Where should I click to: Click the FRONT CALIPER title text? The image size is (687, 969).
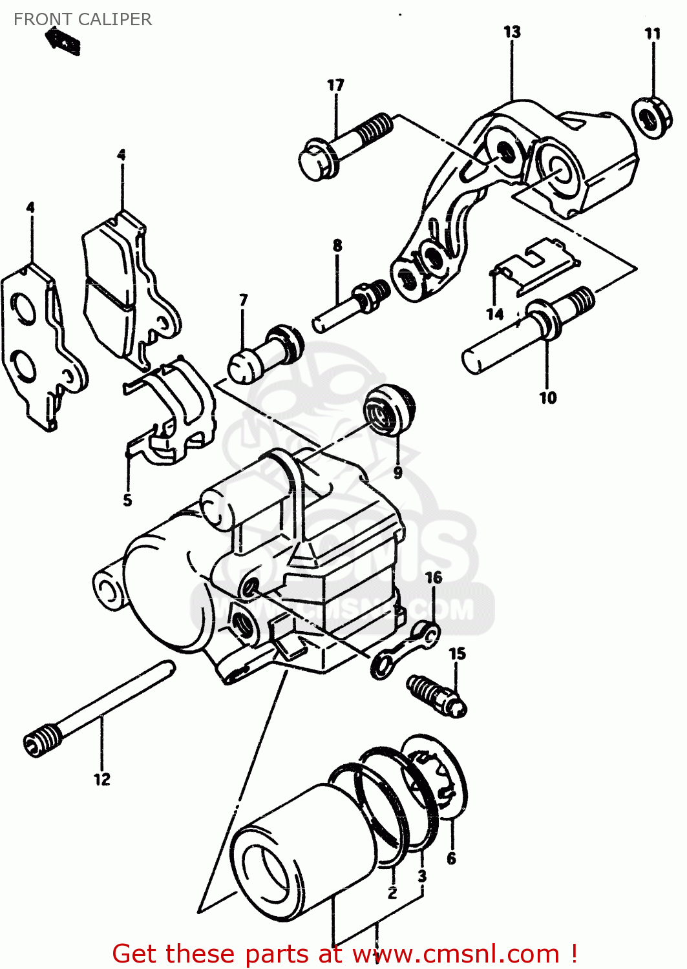83,19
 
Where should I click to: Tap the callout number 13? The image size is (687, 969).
512,32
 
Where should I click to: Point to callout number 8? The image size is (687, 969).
337,245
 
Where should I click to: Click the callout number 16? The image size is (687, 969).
434,577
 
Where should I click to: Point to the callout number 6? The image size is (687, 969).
451,858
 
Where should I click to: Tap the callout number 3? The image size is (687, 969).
422,876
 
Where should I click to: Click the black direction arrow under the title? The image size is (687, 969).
63,41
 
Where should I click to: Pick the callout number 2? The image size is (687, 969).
392,893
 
